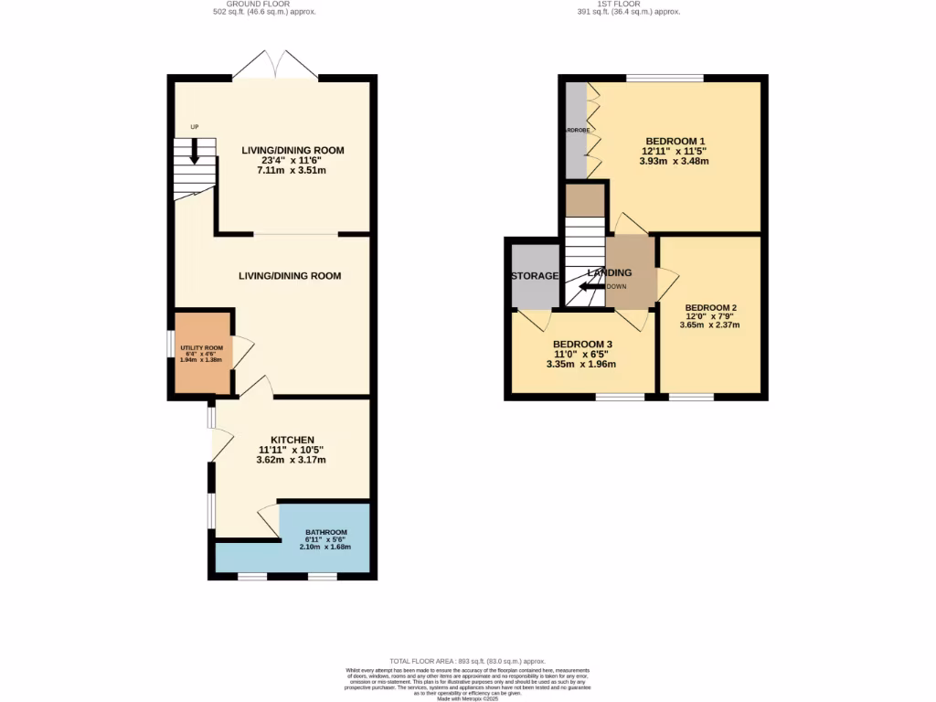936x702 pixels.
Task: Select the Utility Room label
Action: [x=201, y=348]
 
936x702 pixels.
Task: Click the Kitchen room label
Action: [x=292, y=440]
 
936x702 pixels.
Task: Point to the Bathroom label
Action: [x=325, y=532]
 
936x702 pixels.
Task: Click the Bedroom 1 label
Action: [x=675, y=141]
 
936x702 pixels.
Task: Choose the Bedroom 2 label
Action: [x=710, y=307]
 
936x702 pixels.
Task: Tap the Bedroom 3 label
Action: [x=581, y=344]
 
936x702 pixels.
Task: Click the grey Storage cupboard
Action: [x=535, y=275]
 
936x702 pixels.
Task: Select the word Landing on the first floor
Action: [x=609, y=272]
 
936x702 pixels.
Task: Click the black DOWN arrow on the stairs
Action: [x=591, y=286]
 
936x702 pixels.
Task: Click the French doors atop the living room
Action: [x=275, y=66]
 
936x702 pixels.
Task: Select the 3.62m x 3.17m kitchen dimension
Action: [x=292, y=460]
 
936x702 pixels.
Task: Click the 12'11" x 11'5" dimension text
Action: [x=675, y=151]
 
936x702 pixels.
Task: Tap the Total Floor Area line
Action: [x=467, y=661]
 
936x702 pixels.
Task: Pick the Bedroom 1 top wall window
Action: [x=665, y=78]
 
